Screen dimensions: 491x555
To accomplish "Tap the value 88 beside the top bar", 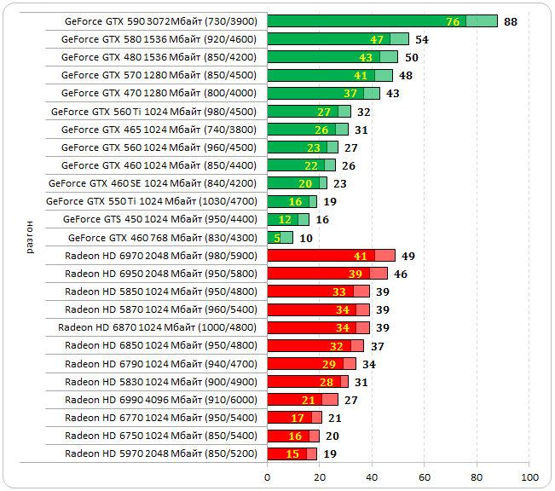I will [511, 21].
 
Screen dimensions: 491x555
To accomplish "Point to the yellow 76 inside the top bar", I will [453, 21].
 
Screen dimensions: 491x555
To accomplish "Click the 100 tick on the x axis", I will [529, 477].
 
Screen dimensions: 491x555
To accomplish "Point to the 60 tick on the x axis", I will [425, 477].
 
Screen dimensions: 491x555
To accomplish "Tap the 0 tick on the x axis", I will [268, 477].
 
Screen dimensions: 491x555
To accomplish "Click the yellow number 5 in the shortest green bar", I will [277, 238].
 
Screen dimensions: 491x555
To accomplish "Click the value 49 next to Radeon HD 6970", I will [408, 256].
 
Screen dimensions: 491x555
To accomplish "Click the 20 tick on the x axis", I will [320, 477].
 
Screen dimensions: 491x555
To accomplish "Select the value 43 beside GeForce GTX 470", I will [393, 93].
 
